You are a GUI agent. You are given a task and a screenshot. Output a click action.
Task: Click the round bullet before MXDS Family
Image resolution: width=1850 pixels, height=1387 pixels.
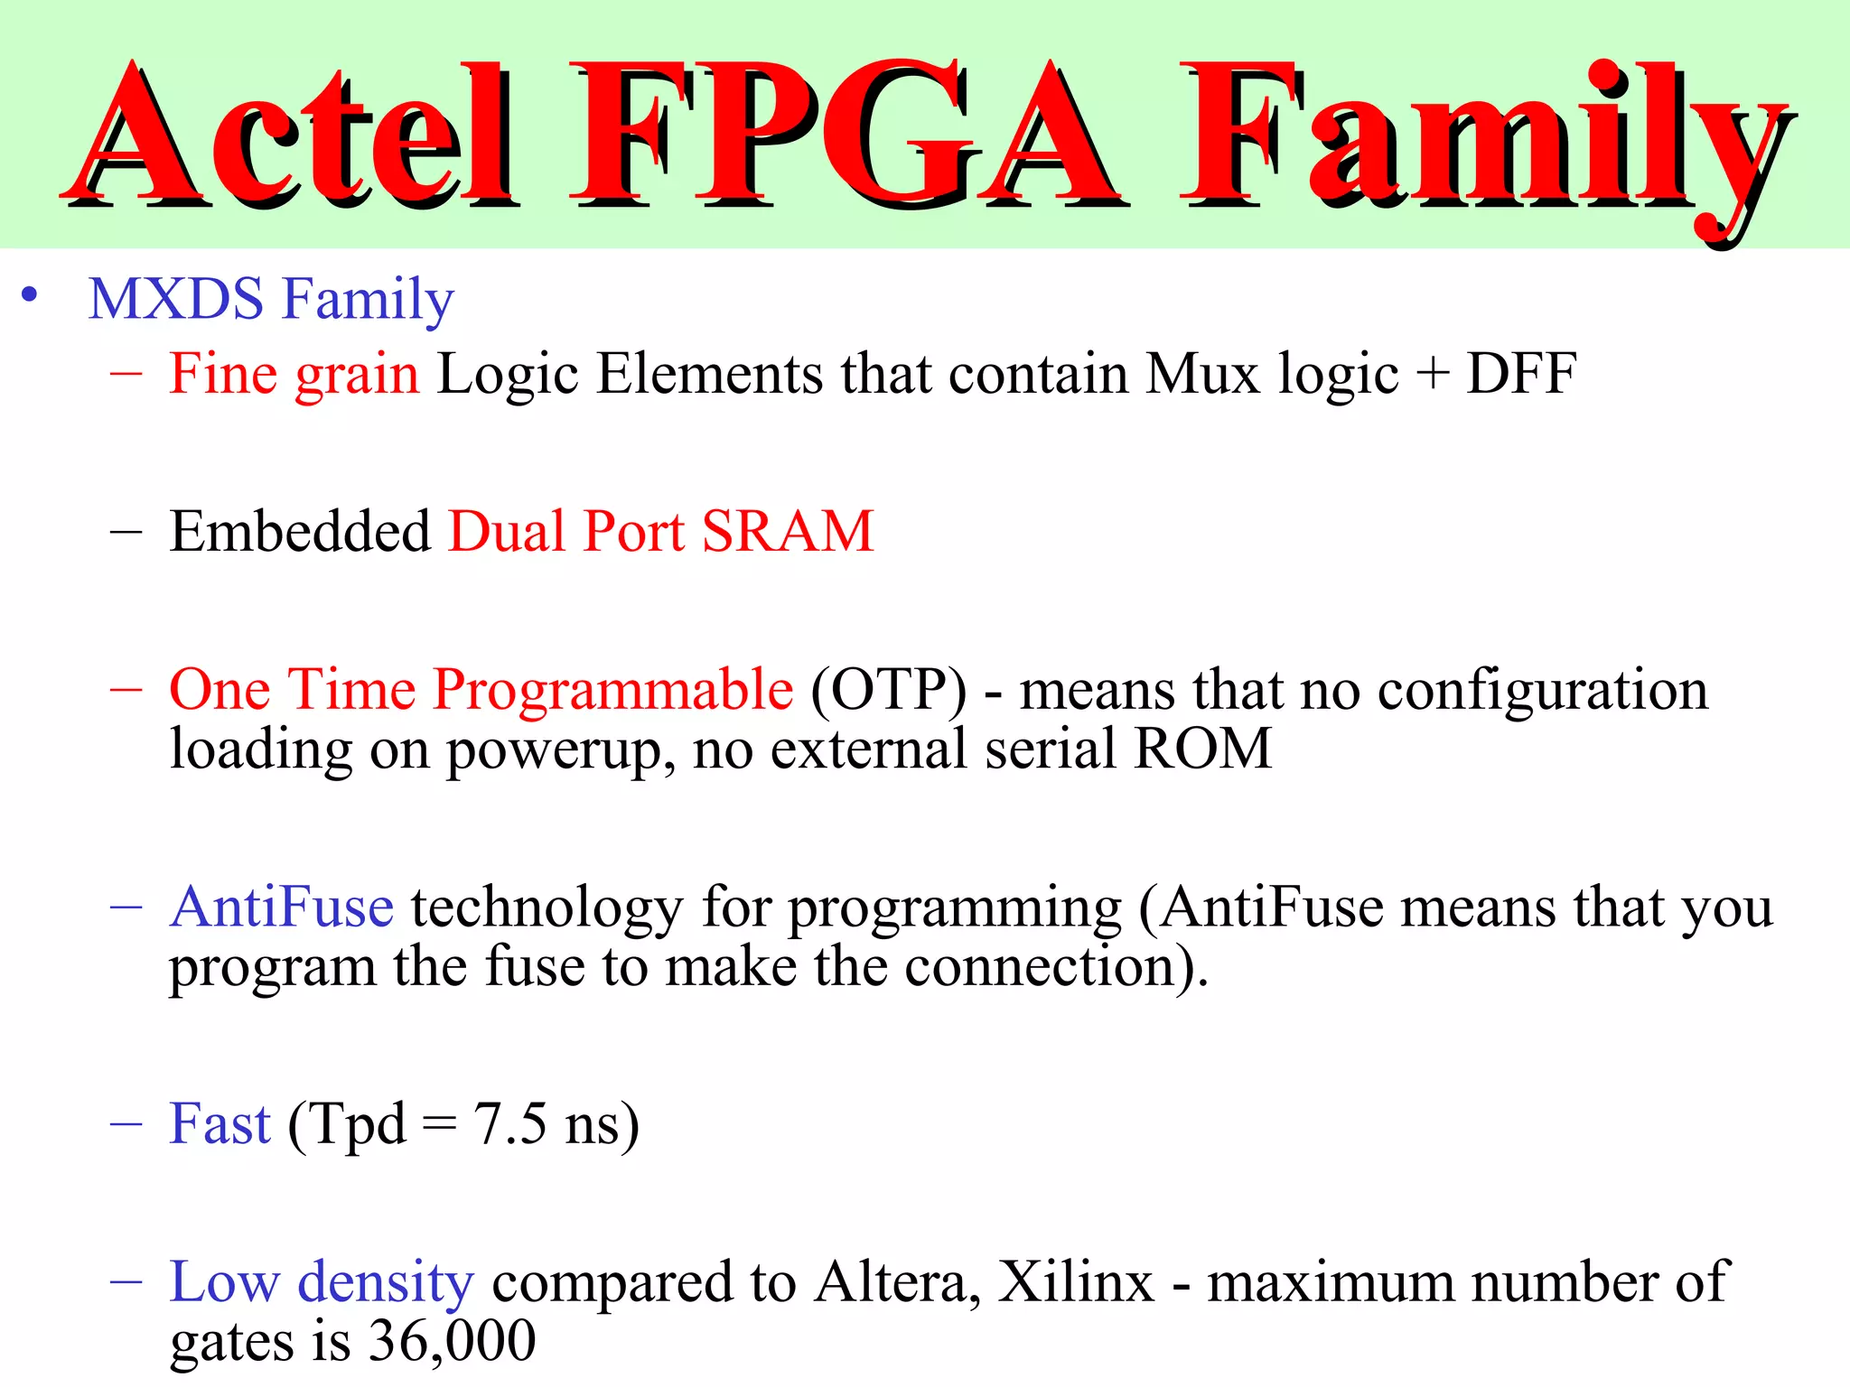pos(30,295)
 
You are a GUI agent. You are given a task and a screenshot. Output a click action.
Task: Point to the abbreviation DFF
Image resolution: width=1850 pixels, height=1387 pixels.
pos(1521,373)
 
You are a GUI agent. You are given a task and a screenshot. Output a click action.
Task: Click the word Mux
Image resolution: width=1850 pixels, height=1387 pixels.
pos(1202,373)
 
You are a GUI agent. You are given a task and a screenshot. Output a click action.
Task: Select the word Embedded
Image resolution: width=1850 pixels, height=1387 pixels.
pos(300,531)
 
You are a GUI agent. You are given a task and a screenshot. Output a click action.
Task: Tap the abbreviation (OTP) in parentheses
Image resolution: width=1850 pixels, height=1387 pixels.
pos(888,690)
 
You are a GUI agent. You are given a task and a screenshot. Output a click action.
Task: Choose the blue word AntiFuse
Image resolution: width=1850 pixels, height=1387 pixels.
pos(282,908)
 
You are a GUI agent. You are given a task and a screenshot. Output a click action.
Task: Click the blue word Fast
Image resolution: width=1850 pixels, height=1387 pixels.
pos(220,1124)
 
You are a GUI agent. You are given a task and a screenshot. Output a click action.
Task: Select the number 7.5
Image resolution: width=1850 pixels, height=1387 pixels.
pos(510,1124)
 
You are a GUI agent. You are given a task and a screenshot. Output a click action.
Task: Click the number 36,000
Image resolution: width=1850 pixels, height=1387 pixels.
pos(453,1341)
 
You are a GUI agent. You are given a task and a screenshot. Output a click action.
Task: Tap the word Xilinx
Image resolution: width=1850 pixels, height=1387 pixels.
pos(1076,1282)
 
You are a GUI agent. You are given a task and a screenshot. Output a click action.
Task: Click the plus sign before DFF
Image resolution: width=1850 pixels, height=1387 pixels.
pos(1433,375)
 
